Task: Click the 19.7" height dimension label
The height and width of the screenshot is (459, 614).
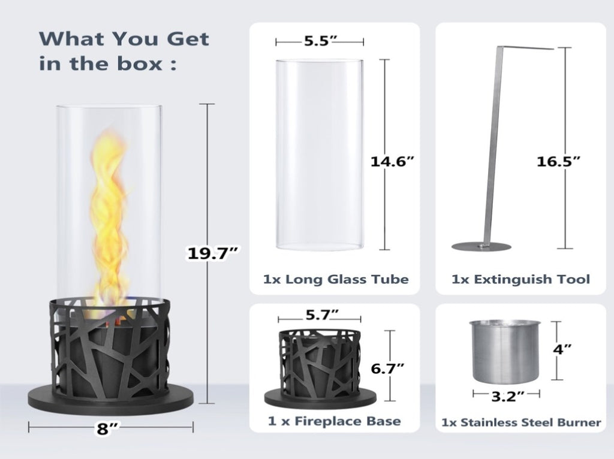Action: tap(213, 253)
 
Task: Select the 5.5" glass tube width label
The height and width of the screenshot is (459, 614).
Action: tap(321, 41)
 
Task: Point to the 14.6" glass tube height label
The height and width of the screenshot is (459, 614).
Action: tap(392, 161)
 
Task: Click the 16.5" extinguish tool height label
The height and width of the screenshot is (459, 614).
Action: tap(558, 161)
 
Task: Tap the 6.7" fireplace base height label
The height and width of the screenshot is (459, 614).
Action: tap(387, 368)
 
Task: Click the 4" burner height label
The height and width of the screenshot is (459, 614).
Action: tap(562, 349)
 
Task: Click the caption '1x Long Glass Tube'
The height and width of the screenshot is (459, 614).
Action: tap(336, 279)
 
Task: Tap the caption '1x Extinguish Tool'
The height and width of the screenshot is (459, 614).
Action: tap(520, 279)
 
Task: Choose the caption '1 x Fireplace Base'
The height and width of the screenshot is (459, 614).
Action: tap(335, 421)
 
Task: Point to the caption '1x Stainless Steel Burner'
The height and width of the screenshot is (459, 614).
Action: tap(521, 422)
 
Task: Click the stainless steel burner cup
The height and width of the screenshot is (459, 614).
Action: tap(505, 351)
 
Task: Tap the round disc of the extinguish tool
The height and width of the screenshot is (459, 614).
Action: tap(481, 247)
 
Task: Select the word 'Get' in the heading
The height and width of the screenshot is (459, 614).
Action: tap(188, 39)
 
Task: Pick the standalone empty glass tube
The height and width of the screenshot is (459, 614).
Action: tap(320, 155)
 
